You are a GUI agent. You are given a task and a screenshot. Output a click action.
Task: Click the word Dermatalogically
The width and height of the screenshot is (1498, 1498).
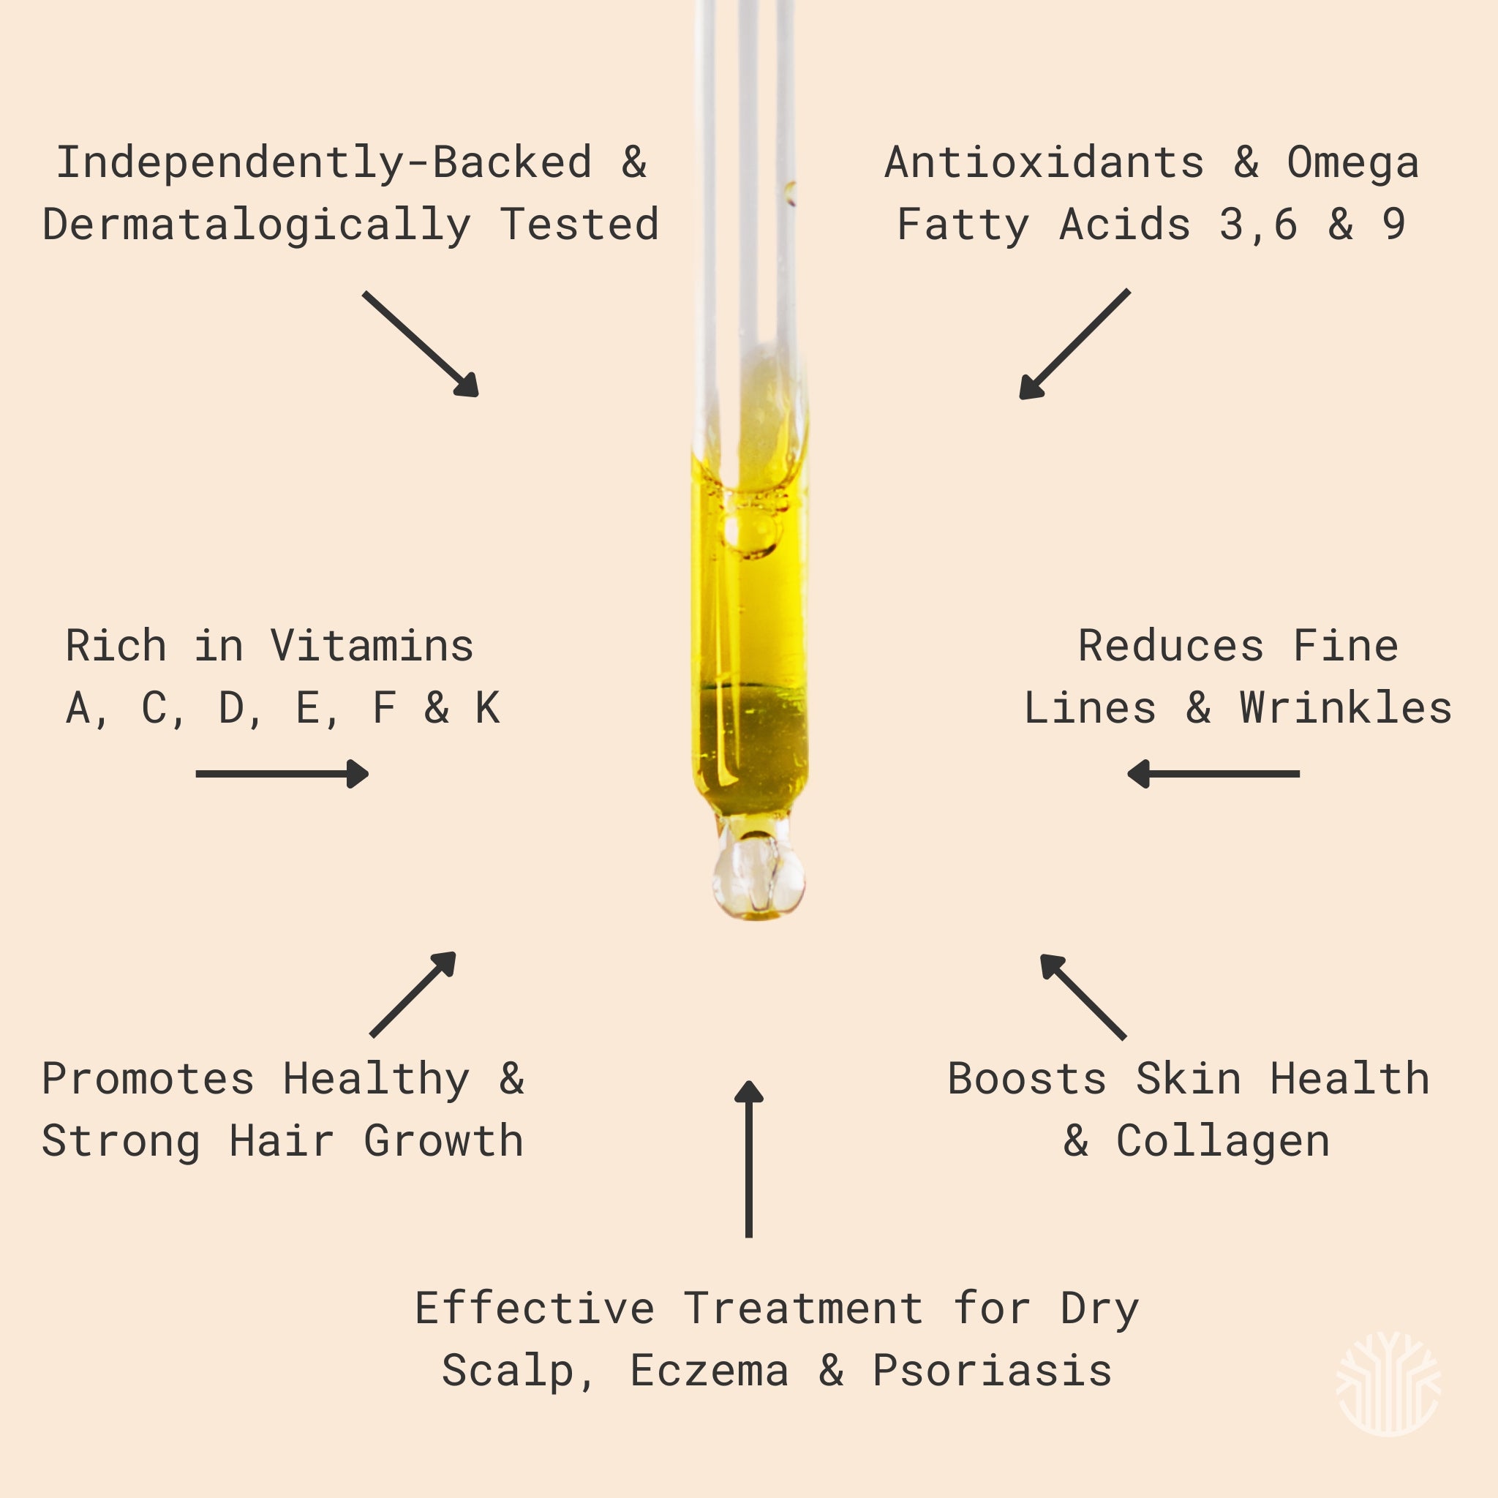(256, 225)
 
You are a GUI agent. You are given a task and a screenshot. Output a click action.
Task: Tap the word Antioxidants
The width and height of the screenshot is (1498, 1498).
(1045, 163)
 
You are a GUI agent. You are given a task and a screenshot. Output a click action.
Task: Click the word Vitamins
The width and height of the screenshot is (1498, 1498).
(372, 646)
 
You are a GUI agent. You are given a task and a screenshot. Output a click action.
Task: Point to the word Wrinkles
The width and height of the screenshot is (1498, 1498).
(1345, 708)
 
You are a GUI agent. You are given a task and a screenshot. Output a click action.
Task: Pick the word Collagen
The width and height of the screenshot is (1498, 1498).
(1223, 1142)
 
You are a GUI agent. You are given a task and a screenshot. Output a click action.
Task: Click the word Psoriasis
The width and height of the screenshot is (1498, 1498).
(993, 1371)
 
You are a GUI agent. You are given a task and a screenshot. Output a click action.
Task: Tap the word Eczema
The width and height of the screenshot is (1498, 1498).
(709, 1371)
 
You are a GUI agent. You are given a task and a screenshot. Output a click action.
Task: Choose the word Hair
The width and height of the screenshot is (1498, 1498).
(282, 1141)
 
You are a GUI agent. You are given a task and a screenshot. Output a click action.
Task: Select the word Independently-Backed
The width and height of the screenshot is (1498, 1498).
(324, 163)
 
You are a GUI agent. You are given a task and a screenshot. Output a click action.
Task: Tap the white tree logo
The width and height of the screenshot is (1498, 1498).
(1388, 1383)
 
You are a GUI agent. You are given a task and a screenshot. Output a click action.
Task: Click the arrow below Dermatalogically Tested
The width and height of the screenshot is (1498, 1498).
(421, 345)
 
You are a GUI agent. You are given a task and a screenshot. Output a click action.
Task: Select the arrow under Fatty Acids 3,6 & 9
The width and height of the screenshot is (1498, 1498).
(1074, 345)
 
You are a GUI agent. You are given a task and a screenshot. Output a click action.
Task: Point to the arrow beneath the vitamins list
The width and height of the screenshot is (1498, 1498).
(282, 773)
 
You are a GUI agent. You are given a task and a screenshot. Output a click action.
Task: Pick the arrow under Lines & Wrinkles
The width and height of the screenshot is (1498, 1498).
(1213, 773)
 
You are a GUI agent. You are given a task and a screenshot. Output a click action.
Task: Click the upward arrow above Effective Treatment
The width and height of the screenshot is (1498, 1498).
(748, 1159)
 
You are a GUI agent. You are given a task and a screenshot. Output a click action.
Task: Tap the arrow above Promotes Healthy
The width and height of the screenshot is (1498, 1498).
(413, 994)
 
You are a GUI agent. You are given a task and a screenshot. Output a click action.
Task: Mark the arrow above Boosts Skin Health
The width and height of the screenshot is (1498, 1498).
(1083, 996)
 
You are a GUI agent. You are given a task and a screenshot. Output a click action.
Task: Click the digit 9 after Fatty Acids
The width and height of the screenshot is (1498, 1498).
(1393, 225)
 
